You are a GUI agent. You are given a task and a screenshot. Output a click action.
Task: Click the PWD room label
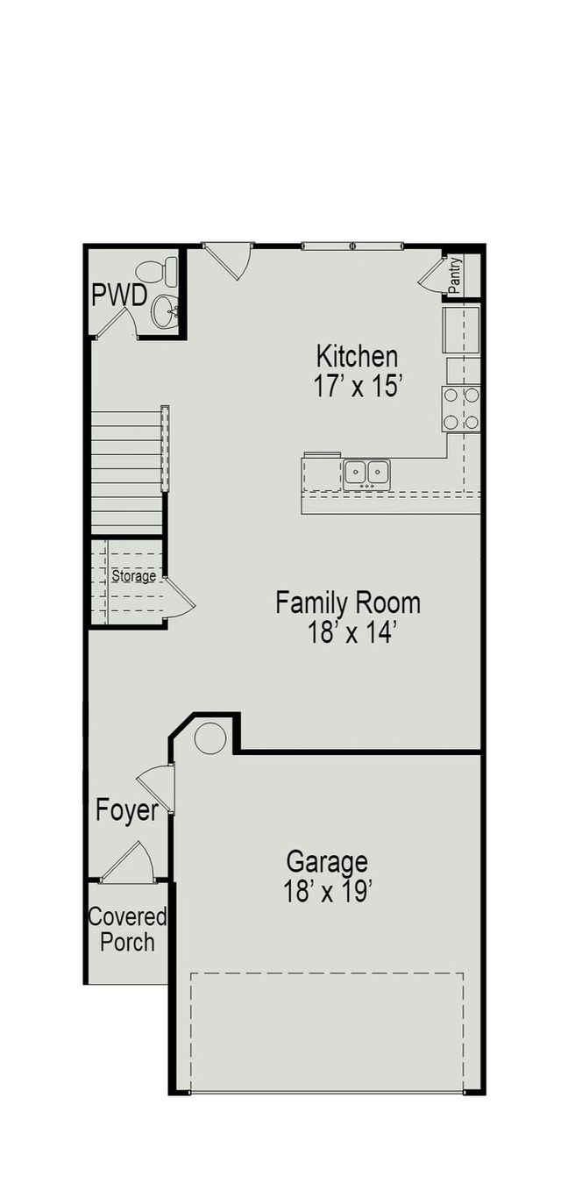[118, 296]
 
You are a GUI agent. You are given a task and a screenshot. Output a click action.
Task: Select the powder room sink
[165, 310]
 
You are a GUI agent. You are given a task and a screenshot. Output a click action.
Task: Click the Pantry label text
[454, 276]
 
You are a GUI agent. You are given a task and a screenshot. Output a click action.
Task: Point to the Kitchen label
[357, 357]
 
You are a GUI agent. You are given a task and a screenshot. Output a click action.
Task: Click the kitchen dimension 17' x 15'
[357, 387]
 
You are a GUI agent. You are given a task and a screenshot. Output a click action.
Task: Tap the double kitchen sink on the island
[366, 473]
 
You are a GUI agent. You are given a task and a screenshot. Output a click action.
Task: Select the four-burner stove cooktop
[461, 409]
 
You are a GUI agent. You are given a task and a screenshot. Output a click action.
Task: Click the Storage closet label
[133, 576]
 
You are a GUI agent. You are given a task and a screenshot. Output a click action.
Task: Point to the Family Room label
[347, 603]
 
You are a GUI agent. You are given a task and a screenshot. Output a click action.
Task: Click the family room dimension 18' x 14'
[347, 633]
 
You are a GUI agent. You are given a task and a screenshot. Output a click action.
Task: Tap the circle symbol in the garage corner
[210, 738]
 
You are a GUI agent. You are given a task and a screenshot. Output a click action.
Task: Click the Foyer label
[127, 810]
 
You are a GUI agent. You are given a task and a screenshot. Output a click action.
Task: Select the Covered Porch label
[127, 930]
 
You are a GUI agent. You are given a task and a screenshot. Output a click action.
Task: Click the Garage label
[327, 862]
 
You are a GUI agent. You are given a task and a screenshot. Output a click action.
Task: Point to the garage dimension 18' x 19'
[328, 892]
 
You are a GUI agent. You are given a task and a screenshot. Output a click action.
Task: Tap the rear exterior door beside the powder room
[230, 260]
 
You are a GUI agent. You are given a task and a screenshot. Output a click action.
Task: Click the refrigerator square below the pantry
[461, 328]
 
